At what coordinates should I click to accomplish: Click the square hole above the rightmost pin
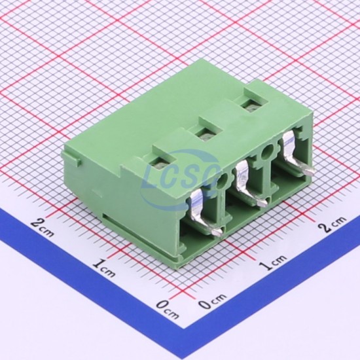point(252,105)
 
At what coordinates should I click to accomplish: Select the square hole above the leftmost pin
point(161,164)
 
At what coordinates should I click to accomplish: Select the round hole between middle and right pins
point(268,151)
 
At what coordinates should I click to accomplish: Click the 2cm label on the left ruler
point(43,226)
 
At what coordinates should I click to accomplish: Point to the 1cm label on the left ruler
point(104,268)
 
